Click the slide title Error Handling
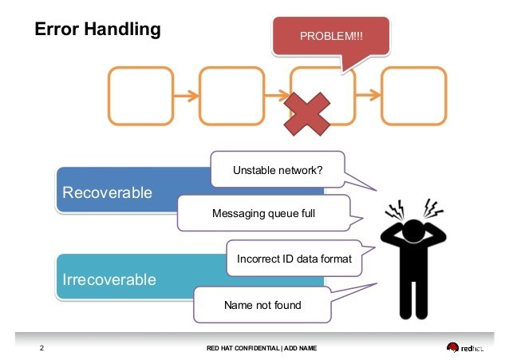point(97,30)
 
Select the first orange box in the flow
point(140,96)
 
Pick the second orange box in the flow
point(231,96)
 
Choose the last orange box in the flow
point(413,96)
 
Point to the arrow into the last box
point(368,97)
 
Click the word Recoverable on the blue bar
point(107,192)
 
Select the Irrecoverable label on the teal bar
point(109,279)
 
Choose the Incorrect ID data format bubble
point(294,259)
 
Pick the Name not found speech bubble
point(262,304)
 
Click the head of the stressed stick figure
point(414,228)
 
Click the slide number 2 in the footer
point(41,349)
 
